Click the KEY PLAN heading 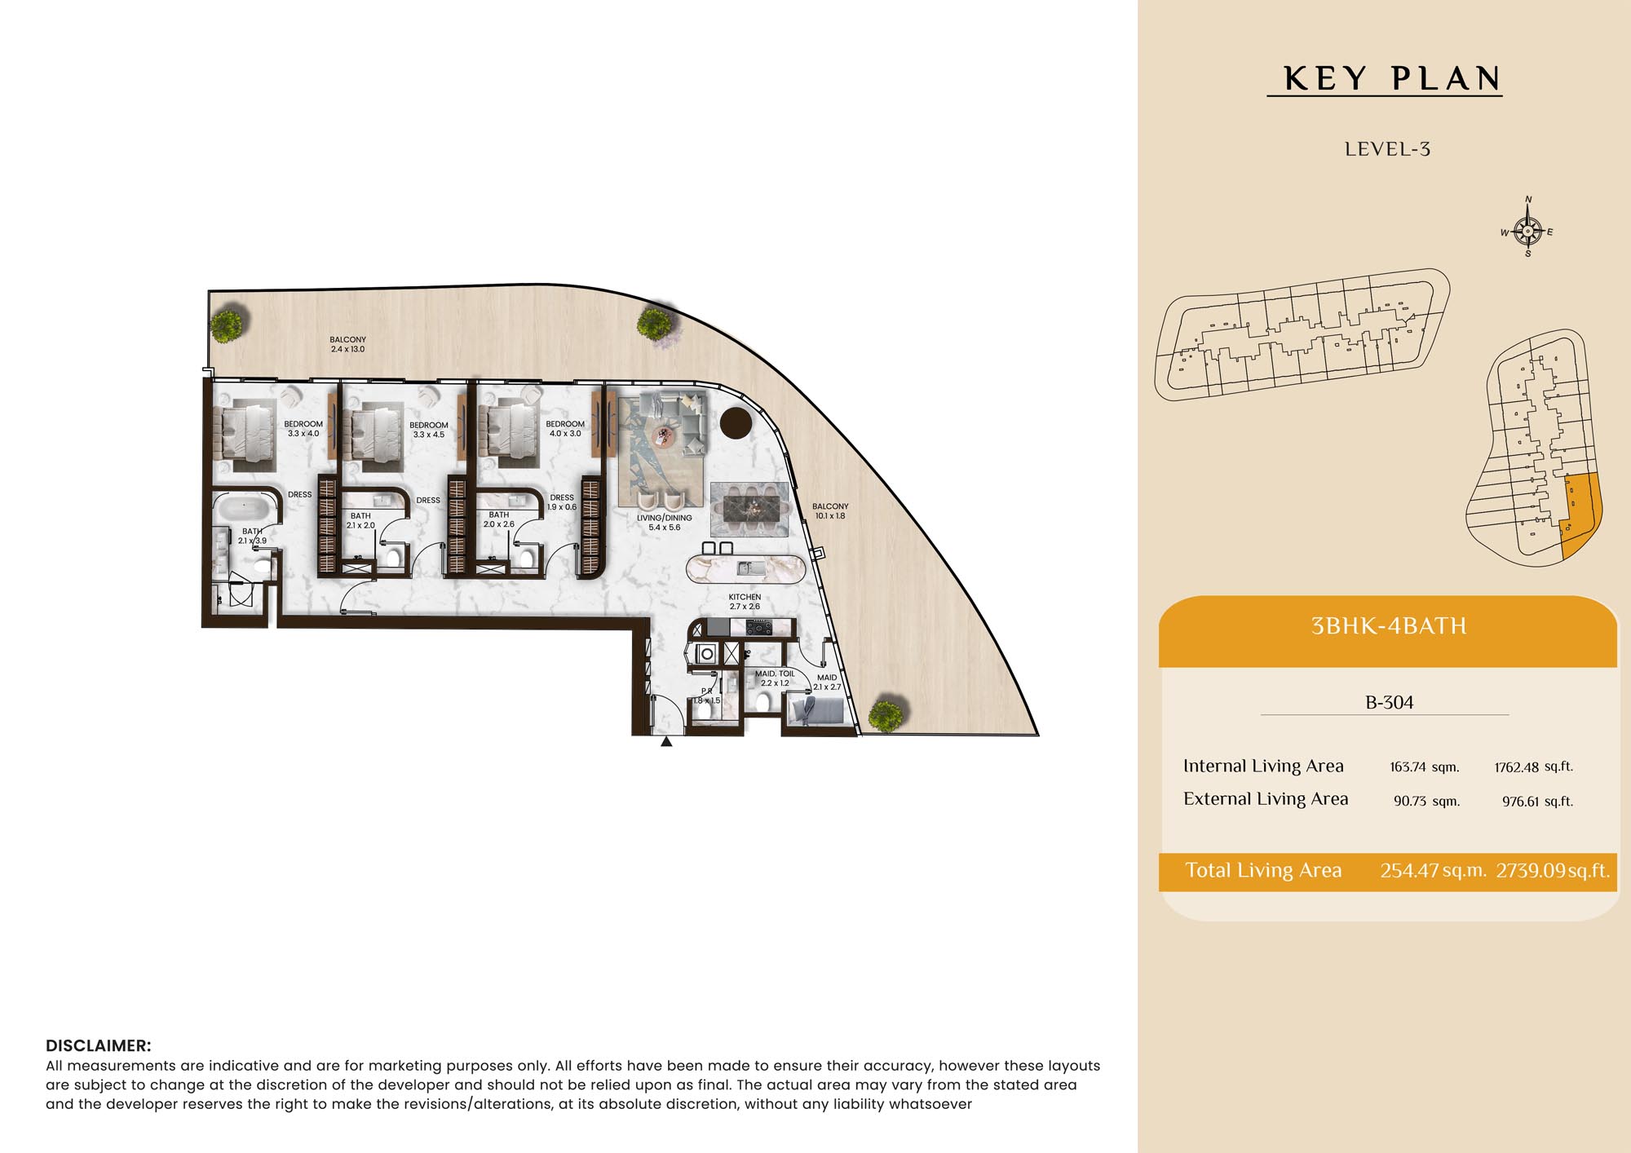tap(1391, 79)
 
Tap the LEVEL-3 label tap(1387, 149)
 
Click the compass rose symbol tap(1527, 230)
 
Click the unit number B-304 tap(1390, 702)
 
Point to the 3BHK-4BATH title tap(1389, 626)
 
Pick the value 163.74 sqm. tap(1424, 767)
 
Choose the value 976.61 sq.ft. tap(1537, 802)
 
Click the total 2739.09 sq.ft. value tap(1553, 871)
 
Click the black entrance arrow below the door tap(666, 741)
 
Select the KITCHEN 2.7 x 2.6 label tap(745, 602)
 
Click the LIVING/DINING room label tap(664, 523)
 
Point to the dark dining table tap(756, 509)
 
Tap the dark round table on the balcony tap(736, 422)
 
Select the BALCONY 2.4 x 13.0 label tap(347, 344)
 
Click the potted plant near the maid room tap(886, 714)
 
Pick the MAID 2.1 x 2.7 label tap(827, 683)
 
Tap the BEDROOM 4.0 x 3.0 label tap(565, 429)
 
